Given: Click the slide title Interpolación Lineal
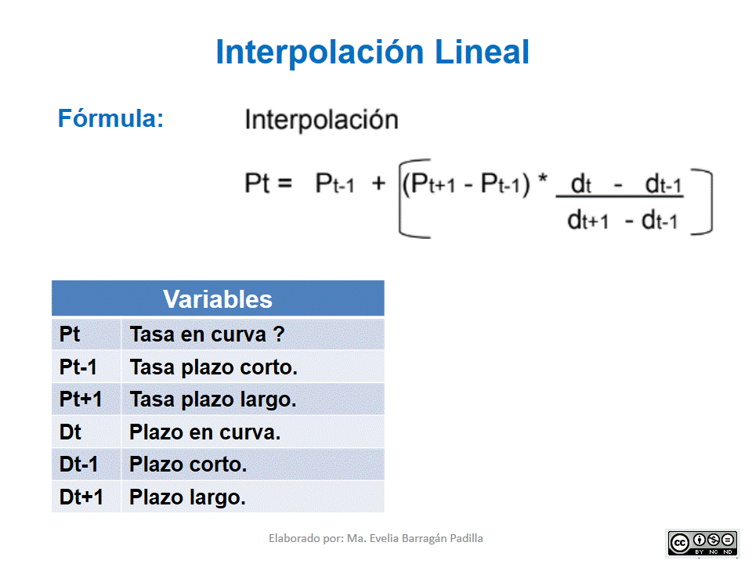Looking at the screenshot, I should [x=373, y=52].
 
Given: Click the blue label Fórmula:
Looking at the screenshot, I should [x=110, y=119].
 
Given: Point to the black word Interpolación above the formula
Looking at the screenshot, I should [x=321, y=120].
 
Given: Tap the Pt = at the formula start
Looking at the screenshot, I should [x=268, y=184].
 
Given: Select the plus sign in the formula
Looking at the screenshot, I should [x=379, y=185].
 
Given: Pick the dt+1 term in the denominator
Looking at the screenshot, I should [x=587, y=221].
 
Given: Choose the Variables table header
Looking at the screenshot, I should [x=218, y=299].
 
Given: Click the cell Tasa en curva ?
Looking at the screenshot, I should [x=207, y=334].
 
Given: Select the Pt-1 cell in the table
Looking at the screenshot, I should [x=78, y=367].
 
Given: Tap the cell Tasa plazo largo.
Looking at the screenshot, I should [x=213, y=399].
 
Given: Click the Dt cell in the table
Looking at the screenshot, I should [x=70, y=432].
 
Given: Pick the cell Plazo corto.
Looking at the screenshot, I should [x=188, y=465].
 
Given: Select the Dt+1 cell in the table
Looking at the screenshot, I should [x=81, y=497].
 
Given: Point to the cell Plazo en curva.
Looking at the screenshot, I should [x=204, y=432].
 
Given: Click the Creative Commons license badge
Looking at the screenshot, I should [x=703, y=542].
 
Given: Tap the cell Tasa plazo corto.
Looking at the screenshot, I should [x=214, y=367].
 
